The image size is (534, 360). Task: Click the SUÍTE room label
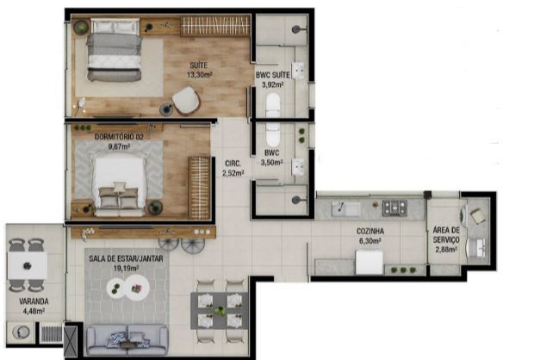coord(199,65)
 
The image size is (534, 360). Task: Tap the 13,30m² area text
coord(199,75)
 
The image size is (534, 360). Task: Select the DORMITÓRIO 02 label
coord(119,137)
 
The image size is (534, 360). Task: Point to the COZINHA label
coord(370,232)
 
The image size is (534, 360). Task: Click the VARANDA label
coord(34,301)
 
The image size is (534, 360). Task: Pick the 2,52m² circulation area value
coord(233,173)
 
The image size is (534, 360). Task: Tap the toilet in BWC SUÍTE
coord(273,105)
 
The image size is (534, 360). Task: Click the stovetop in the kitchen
coord(394,208)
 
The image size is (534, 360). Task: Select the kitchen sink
coord(346,208)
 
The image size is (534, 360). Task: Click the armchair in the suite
coord(186,101)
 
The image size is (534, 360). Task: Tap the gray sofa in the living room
coord(127,339)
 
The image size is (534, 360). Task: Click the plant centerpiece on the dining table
coord(220,311)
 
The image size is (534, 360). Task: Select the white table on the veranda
coord(28,265)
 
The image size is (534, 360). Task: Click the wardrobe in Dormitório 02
coord(199,188)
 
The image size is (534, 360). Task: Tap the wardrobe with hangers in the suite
coord(215,26)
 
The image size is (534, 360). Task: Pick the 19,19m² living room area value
coord(126,269)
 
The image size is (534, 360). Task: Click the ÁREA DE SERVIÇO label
coord(446,235)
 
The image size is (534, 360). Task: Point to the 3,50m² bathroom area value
coord(271,163)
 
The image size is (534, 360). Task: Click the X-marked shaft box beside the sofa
coord(71,340)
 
